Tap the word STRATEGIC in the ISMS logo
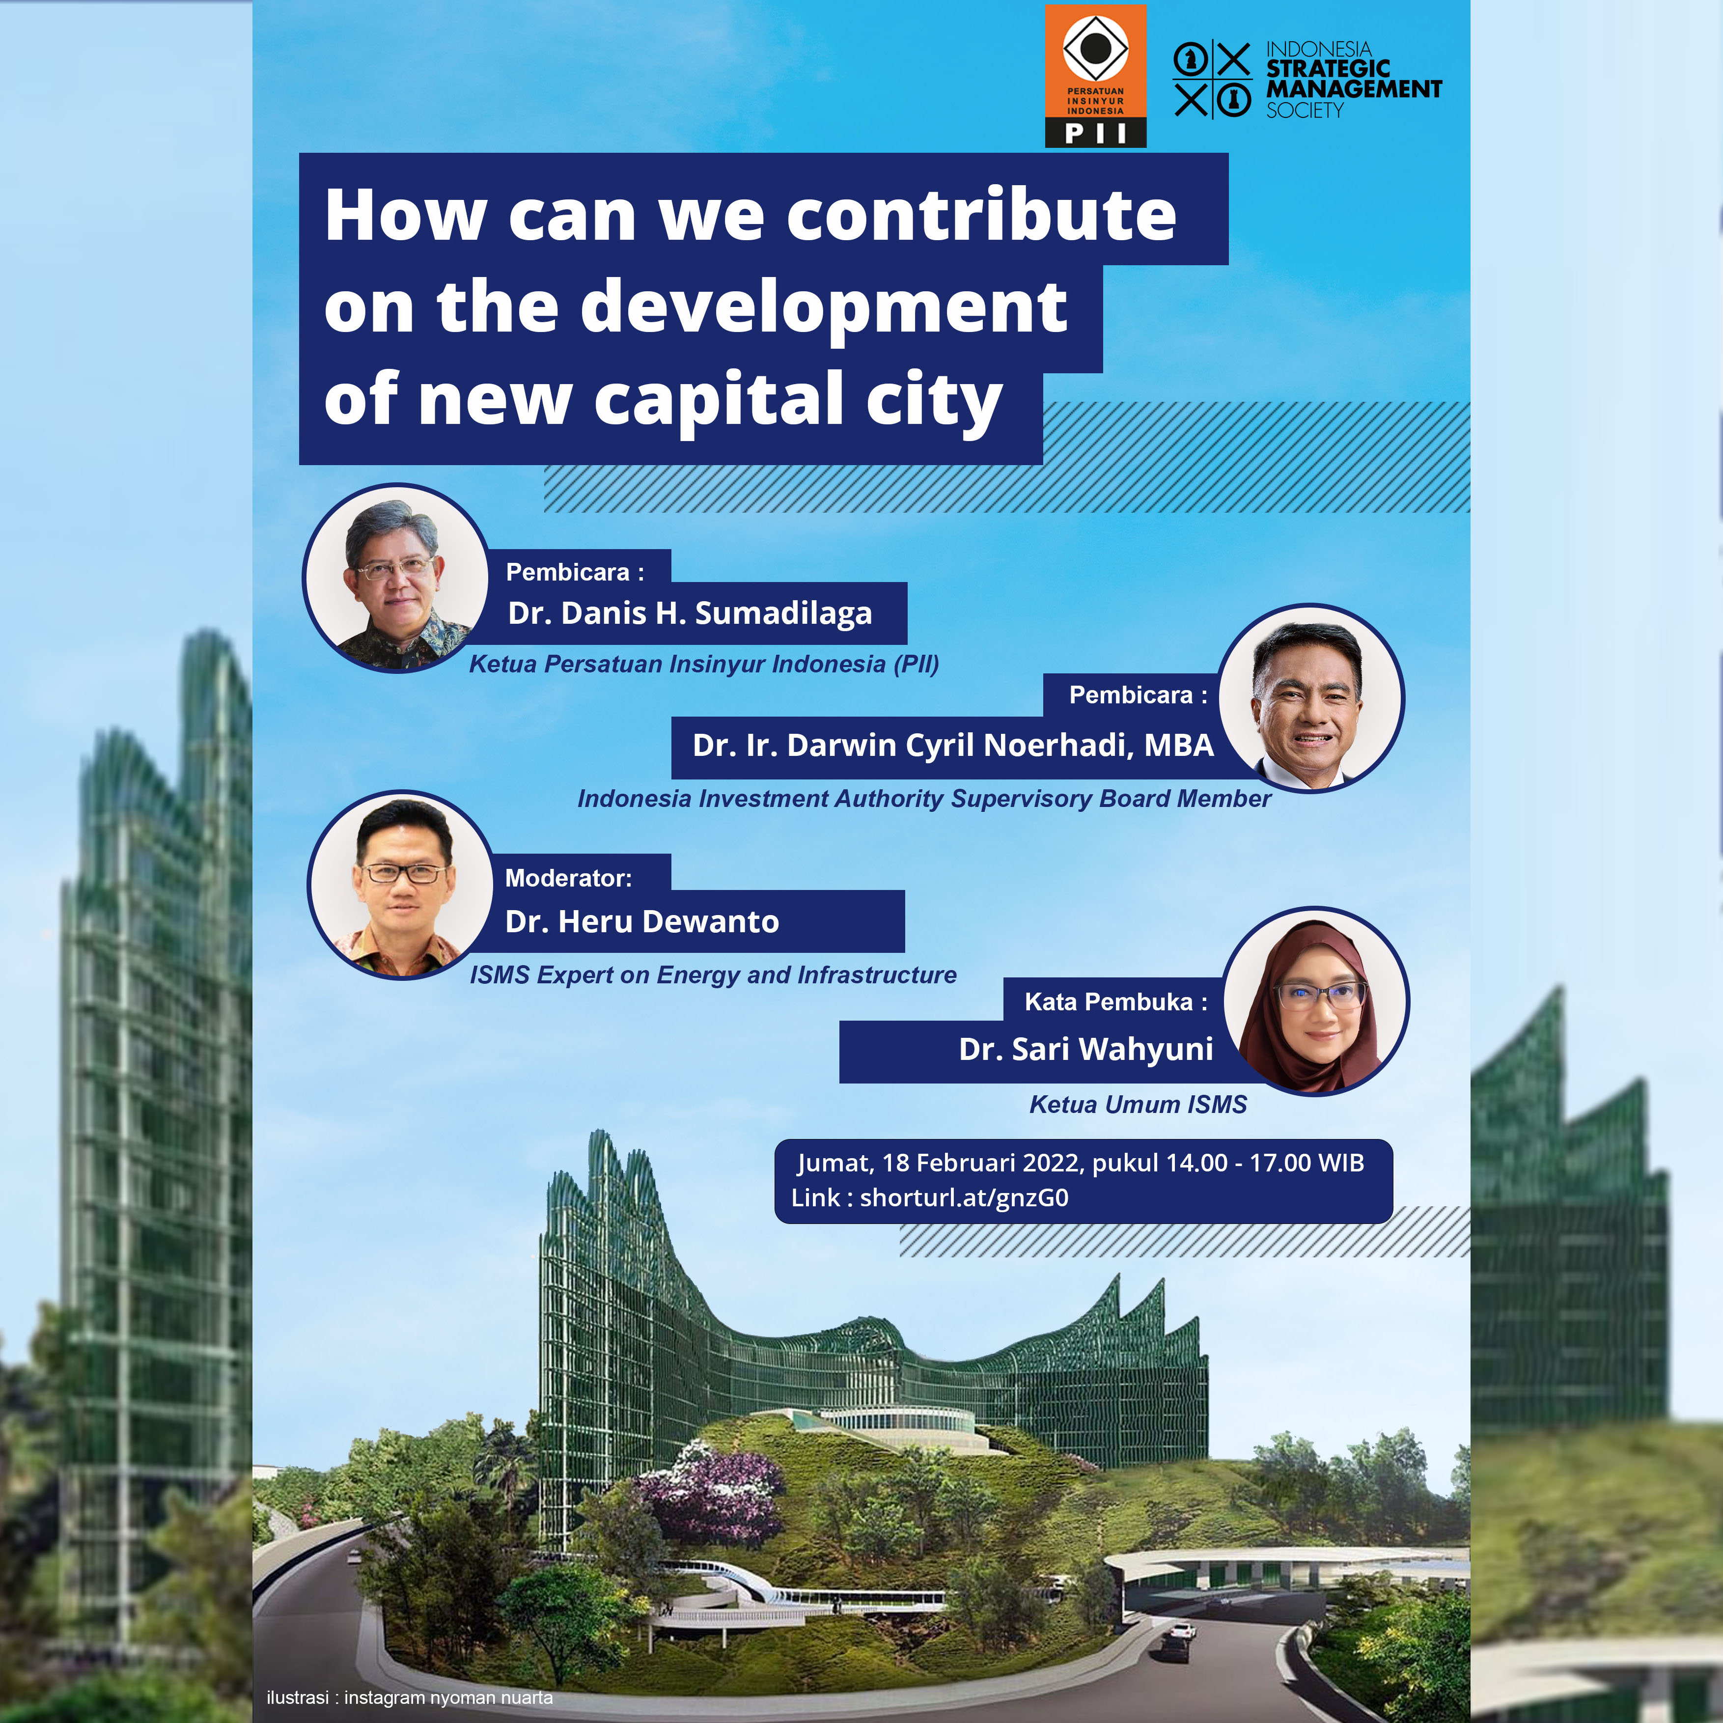1328,69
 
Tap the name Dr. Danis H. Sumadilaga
690,613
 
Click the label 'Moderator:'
568,878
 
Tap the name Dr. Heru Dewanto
642,921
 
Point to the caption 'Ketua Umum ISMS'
1138,1104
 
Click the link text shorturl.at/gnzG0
964,1198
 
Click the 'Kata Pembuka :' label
1115,1001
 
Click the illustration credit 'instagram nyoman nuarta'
448,1697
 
